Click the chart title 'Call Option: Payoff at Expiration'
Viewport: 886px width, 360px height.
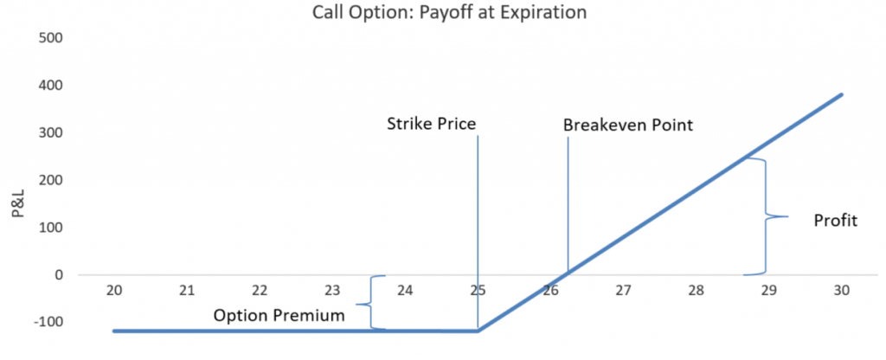click(449, 12)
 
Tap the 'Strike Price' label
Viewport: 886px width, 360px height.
click(431, 125)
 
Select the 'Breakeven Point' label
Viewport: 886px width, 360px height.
click(628, 125)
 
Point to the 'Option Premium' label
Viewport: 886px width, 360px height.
click(279, 315)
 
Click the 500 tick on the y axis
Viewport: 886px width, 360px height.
click(50, 38)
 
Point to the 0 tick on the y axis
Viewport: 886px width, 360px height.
click(58, 275)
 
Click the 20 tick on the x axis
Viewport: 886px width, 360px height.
click(114, 291)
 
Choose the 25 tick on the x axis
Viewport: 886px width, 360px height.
click(478, 291)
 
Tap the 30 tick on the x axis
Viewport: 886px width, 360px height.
click(842, 291)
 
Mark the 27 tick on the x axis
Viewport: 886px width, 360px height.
click(623, 291)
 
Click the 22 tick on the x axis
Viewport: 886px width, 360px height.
click(260, 291)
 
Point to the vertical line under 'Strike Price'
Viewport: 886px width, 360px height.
click(478, 233)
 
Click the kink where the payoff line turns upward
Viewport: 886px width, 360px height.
click(478, 331)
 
